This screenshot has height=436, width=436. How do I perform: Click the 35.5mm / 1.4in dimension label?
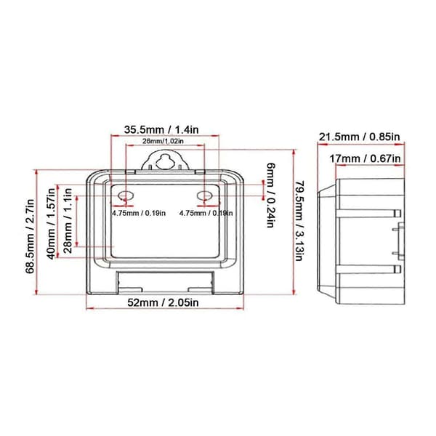point(161,129)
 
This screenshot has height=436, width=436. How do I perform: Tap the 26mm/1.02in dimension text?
point(163,141)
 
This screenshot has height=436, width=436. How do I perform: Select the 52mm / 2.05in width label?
point(163,302)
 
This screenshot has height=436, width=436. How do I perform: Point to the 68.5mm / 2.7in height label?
point(30,236)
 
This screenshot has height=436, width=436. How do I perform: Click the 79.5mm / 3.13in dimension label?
point(299,221)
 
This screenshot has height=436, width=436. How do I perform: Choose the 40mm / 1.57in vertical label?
point(52,224)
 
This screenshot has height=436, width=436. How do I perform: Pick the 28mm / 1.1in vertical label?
point(68,220)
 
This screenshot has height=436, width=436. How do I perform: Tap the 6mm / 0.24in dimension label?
point(271,195)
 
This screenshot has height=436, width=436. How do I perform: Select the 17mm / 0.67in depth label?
point(365,158)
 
